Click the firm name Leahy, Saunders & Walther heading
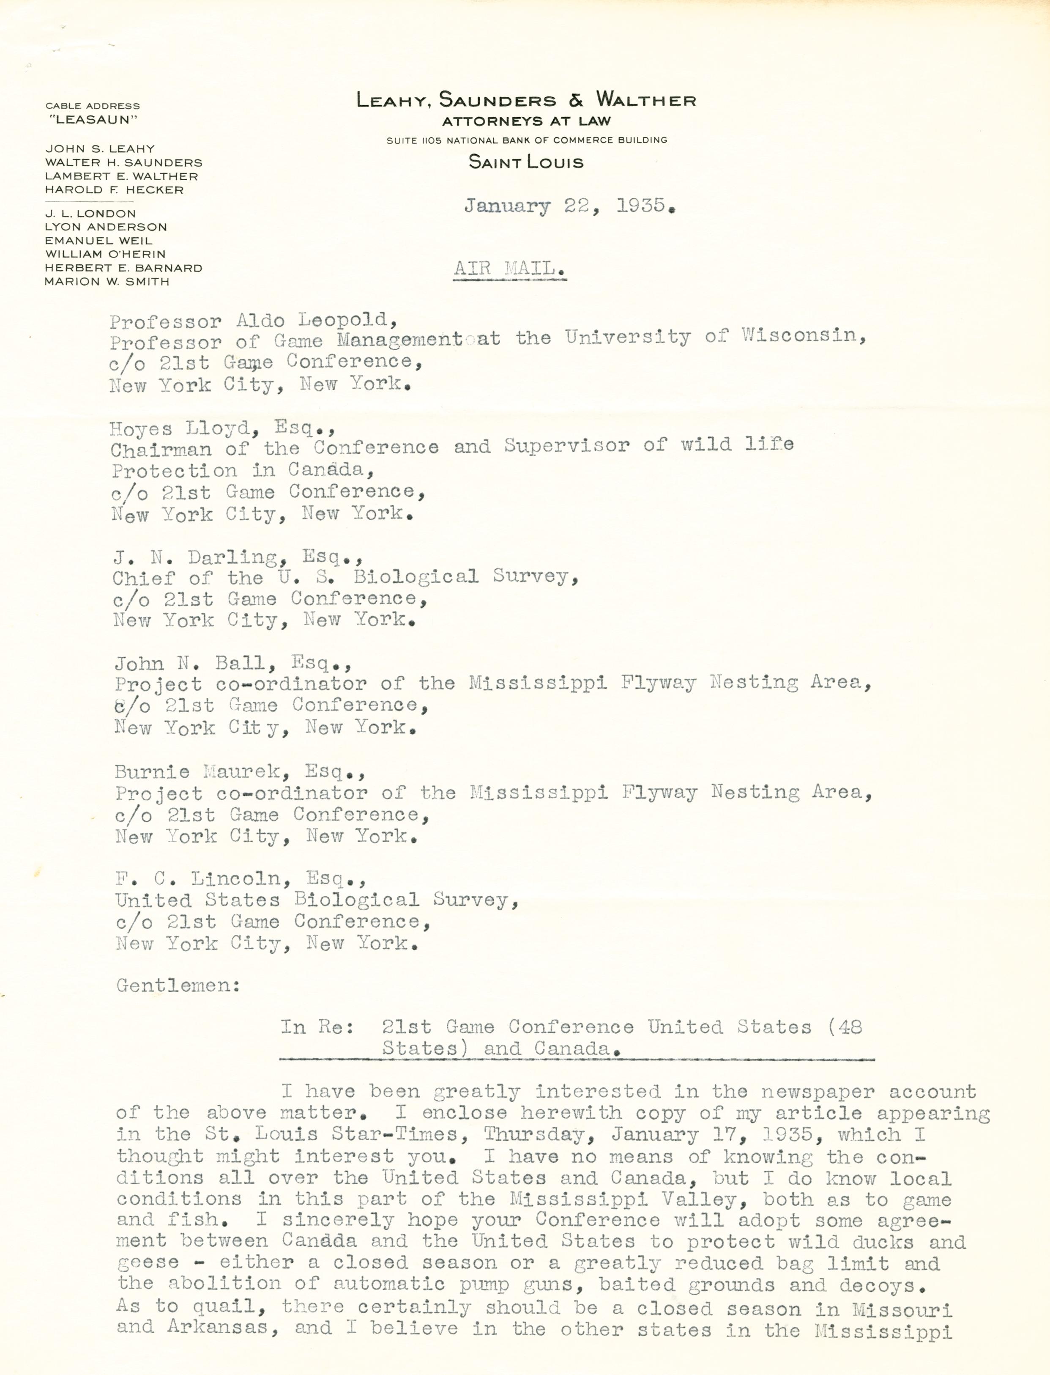[525, 100]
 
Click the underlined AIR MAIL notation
[509, 269]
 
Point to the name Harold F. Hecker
[115, 190]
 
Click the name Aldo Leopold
[316, 320]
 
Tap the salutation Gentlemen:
[178, 985]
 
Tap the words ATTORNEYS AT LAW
[525, 121]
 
